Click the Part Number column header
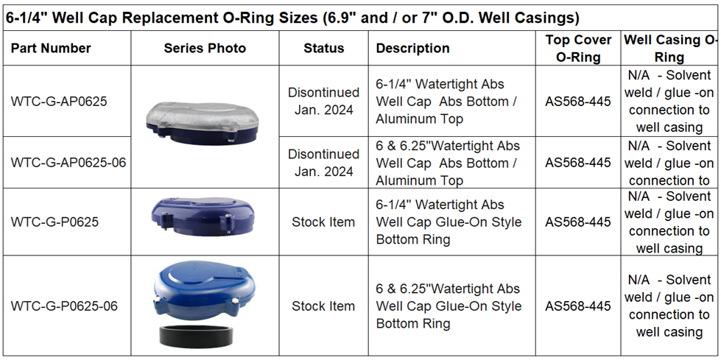point(51,49)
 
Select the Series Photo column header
point(205,49)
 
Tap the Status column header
point(323,49)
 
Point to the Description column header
point(412,49)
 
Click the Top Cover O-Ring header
point(578,49)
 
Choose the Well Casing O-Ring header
point(669,49)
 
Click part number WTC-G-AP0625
point(59,102)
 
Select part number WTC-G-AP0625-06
point(68,163)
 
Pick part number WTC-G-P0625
point(54,222)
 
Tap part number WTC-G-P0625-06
point(64,306)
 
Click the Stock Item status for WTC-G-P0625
point(323,222)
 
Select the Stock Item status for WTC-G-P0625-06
point(323,306)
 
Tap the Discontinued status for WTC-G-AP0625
point(323,102)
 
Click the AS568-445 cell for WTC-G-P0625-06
point(578,306)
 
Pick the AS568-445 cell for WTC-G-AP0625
point(578,102)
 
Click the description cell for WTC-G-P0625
point(449,222)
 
